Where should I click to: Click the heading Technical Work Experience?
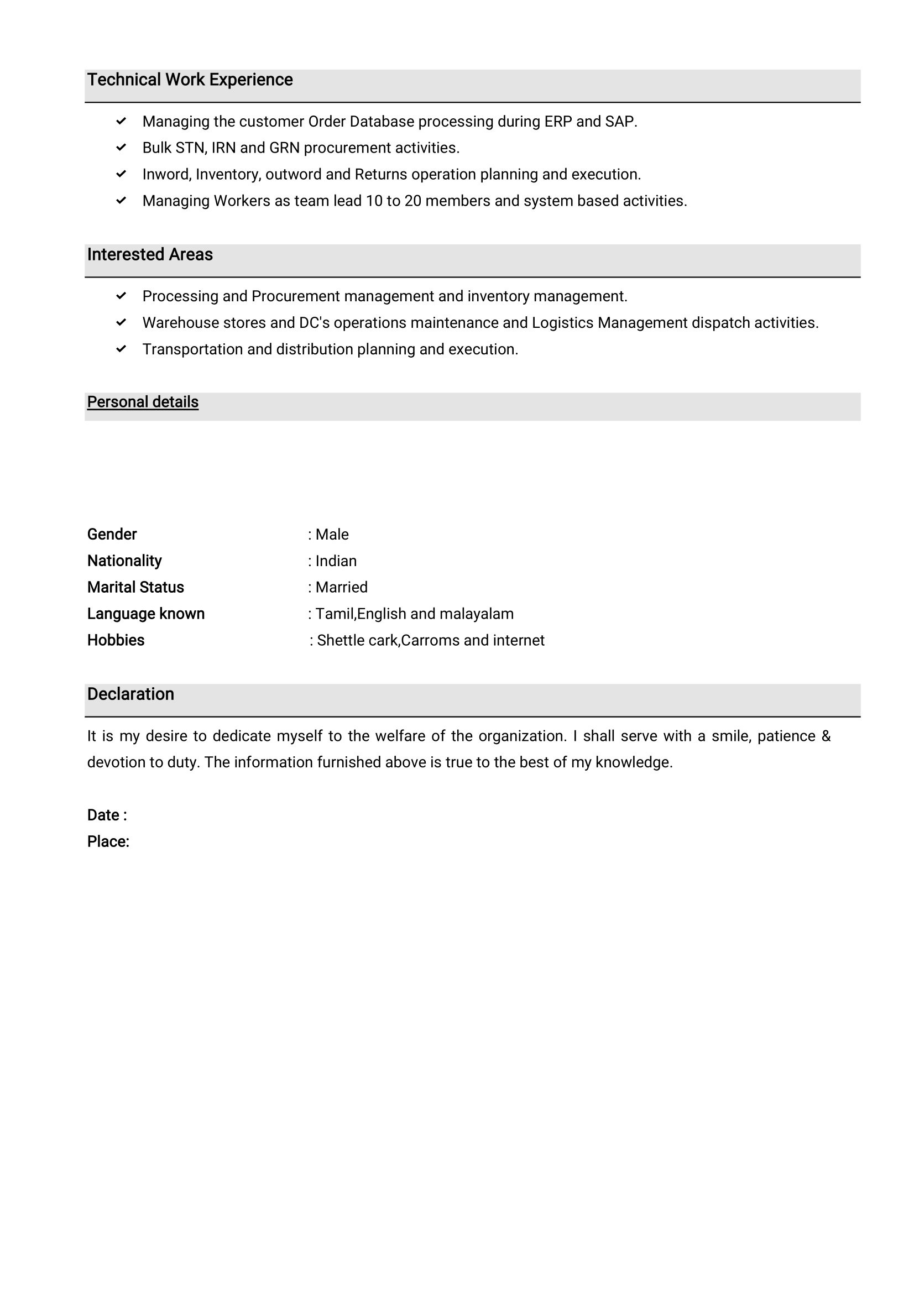click(190, 80)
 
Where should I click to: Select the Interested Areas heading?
click(150, 255)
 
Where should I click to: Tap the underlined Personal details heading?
click(143, 402)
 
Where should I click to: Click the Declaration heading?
click(130, 694)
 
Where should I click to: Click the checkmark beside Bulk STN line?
click(121, 148)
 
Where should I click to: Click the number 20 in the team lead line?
click(412, 201)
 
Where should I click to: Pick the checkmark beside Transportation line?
click(121, 349)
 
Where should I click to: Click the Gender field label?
click(112, 535)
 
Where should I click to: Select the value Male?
click(332, 535)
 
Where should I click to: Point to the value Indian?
click(336, 561)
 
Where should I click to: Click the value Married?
click(342, 588)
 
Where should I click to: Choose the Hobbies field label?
click(116, 640)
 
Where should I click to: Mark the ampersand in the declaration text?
click(826, 736)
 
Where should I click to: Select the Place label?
click(108, 842)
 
